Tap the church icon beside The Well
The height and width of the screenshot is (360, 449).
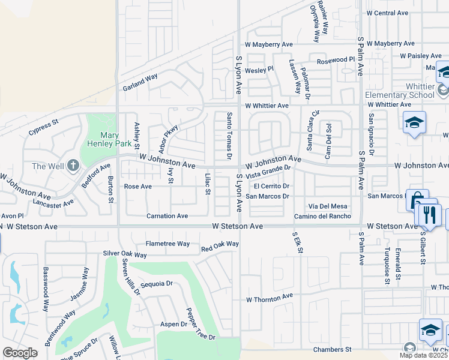pos(73,165)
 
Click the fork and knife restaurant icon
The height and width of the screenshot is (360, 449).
pos(428,215)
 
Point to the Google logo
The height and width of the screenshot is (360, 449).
pos(20,353)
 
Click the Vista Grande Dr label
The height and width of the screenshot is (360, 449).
pos(268,173)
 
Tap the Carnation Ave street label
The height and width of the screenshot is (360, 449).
pos(167,216)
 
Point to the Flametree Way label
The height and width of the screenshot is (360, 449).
pos(167,244)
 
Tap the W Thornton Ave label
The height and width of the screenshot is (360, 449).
pos(269,296)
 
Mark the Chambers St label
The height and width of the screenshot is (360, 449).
pos(331,349)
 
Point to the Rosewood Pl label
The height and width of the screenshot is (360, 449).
pos(336,60)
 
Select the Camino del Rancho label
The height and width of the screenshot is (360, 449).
pos(322,216)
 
